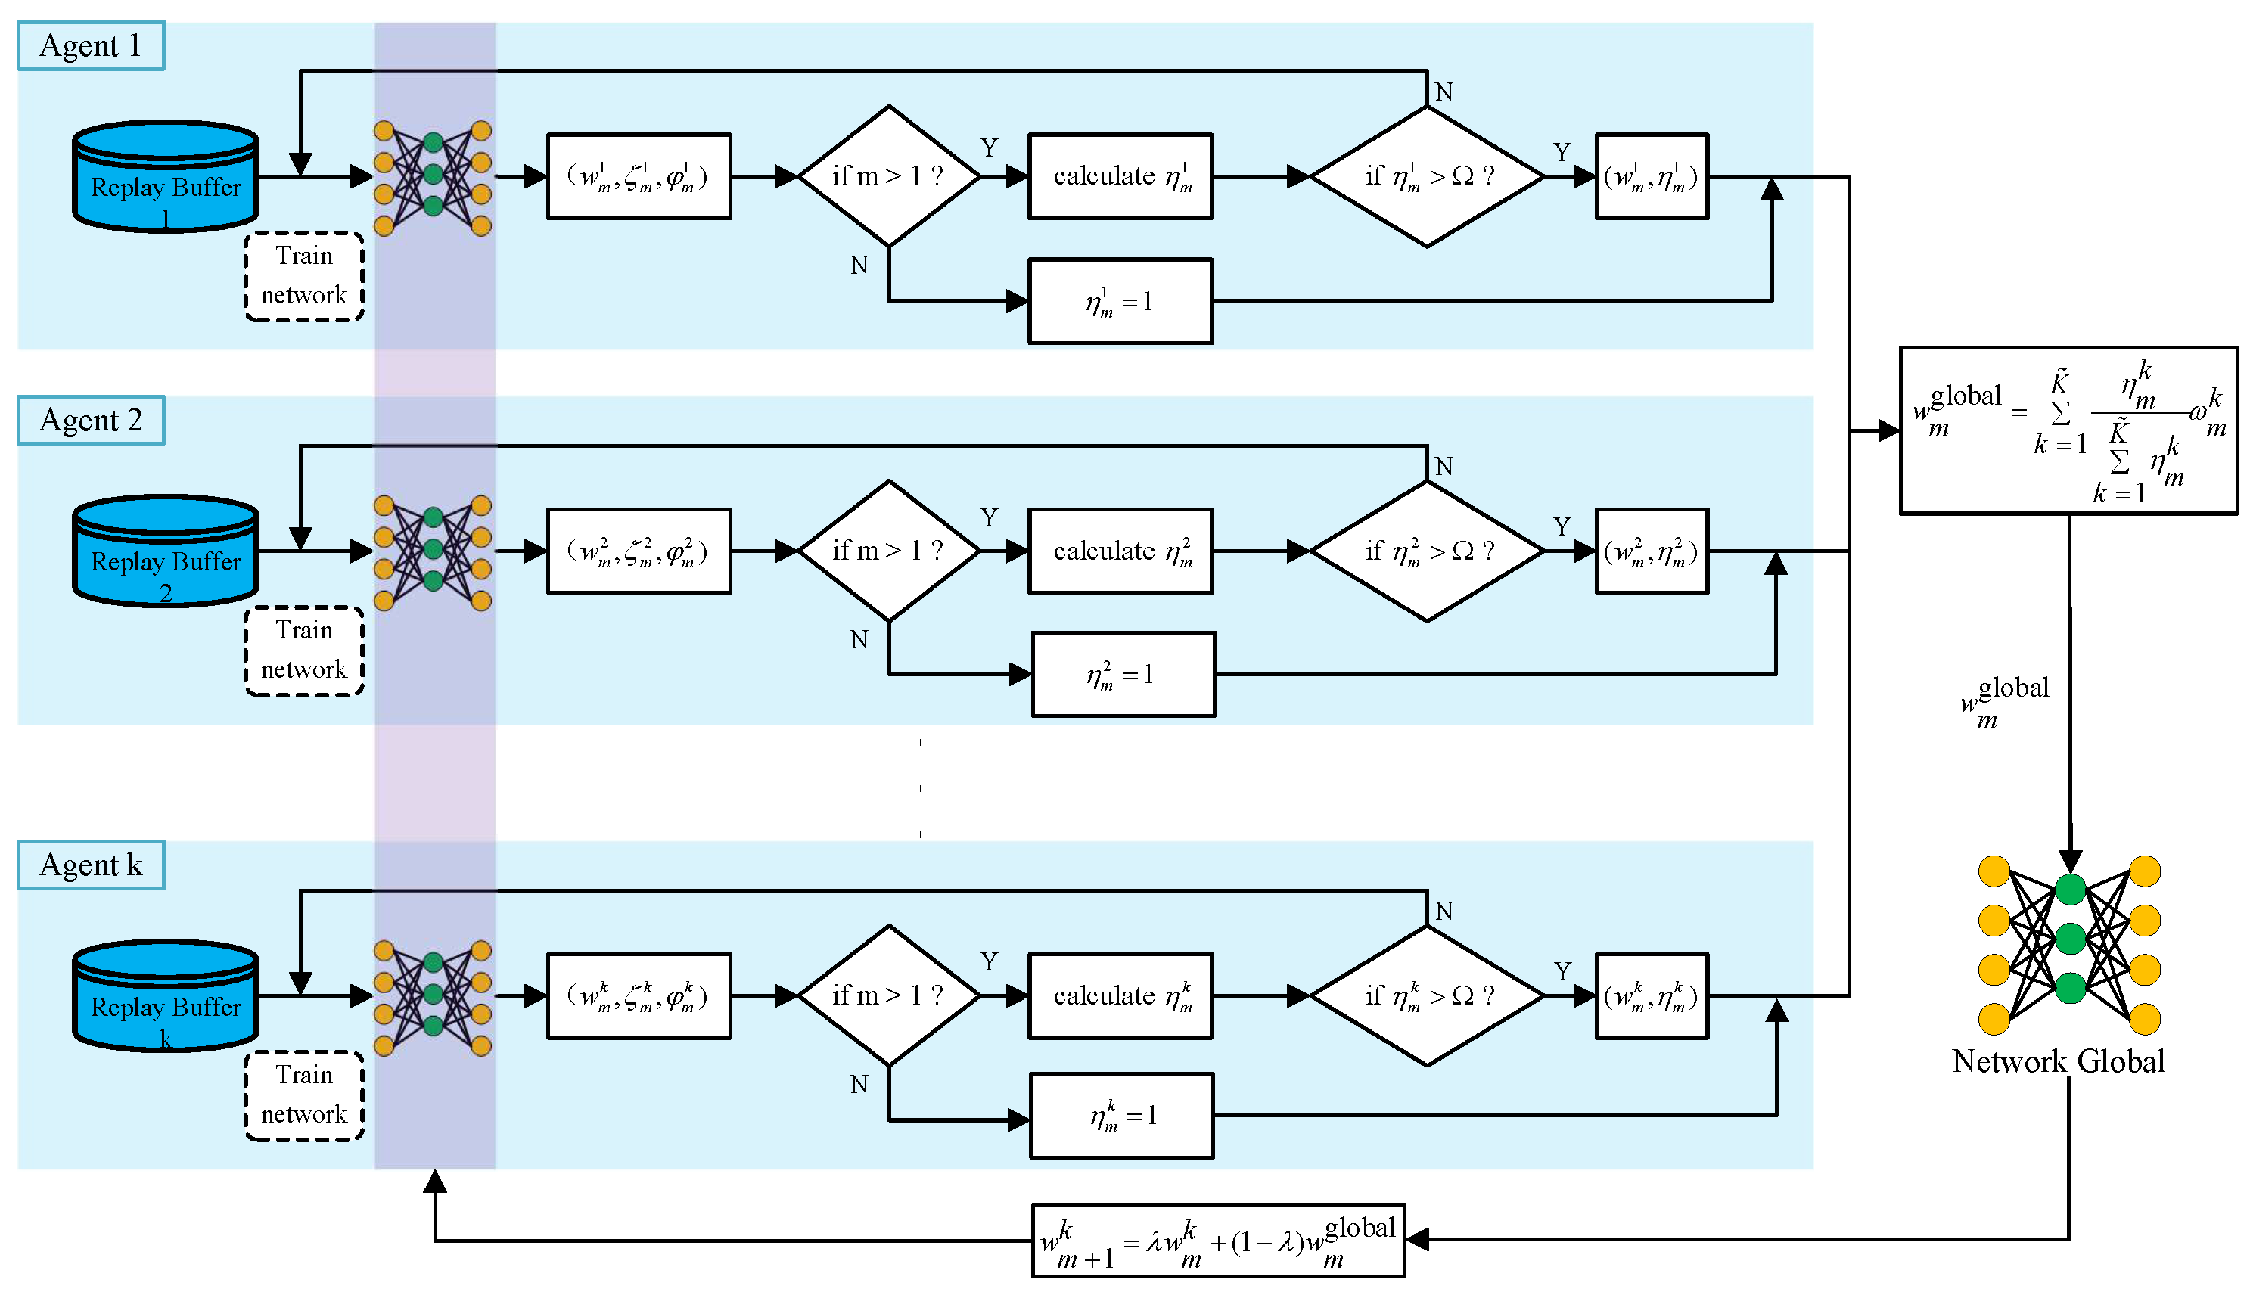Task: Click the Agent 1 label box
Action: point(91,45)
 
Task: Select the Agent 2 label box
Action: point(91,420)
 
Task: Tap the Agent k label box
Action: point(91,865)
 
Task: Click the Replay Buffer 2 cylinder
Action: point(166,551)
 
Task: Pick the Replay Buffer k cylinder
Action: point(166,996)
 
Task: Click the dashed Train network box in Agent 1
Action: point(304,276)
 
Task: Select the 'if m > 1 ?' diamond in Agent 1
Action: point(888,176)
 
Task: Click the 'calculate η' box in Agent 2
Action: point(1120,551)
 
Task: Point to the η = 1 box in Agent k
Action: point(1121,1115)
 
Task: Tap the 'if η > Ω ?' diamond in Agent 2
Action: point(1426,551)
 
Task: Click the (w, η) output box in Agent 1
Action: point(1652,176)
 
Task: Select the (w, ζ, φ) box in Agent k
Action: point(639,996)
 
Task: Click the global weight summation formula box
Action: point(2068,430)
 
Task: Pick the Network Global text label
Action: point(2058,1061)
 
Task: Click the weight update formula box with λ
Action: point(1217,1241)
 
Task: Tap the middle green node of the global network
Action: point(2071,937)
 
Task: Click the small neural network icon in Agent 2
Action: point(433,551)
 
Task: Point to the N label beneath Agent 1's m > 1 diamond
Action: point(858,265)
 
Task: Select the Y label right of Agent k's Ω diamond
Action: point(1562,971)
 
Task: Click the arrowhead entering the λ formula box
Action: point(1418,1239)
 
